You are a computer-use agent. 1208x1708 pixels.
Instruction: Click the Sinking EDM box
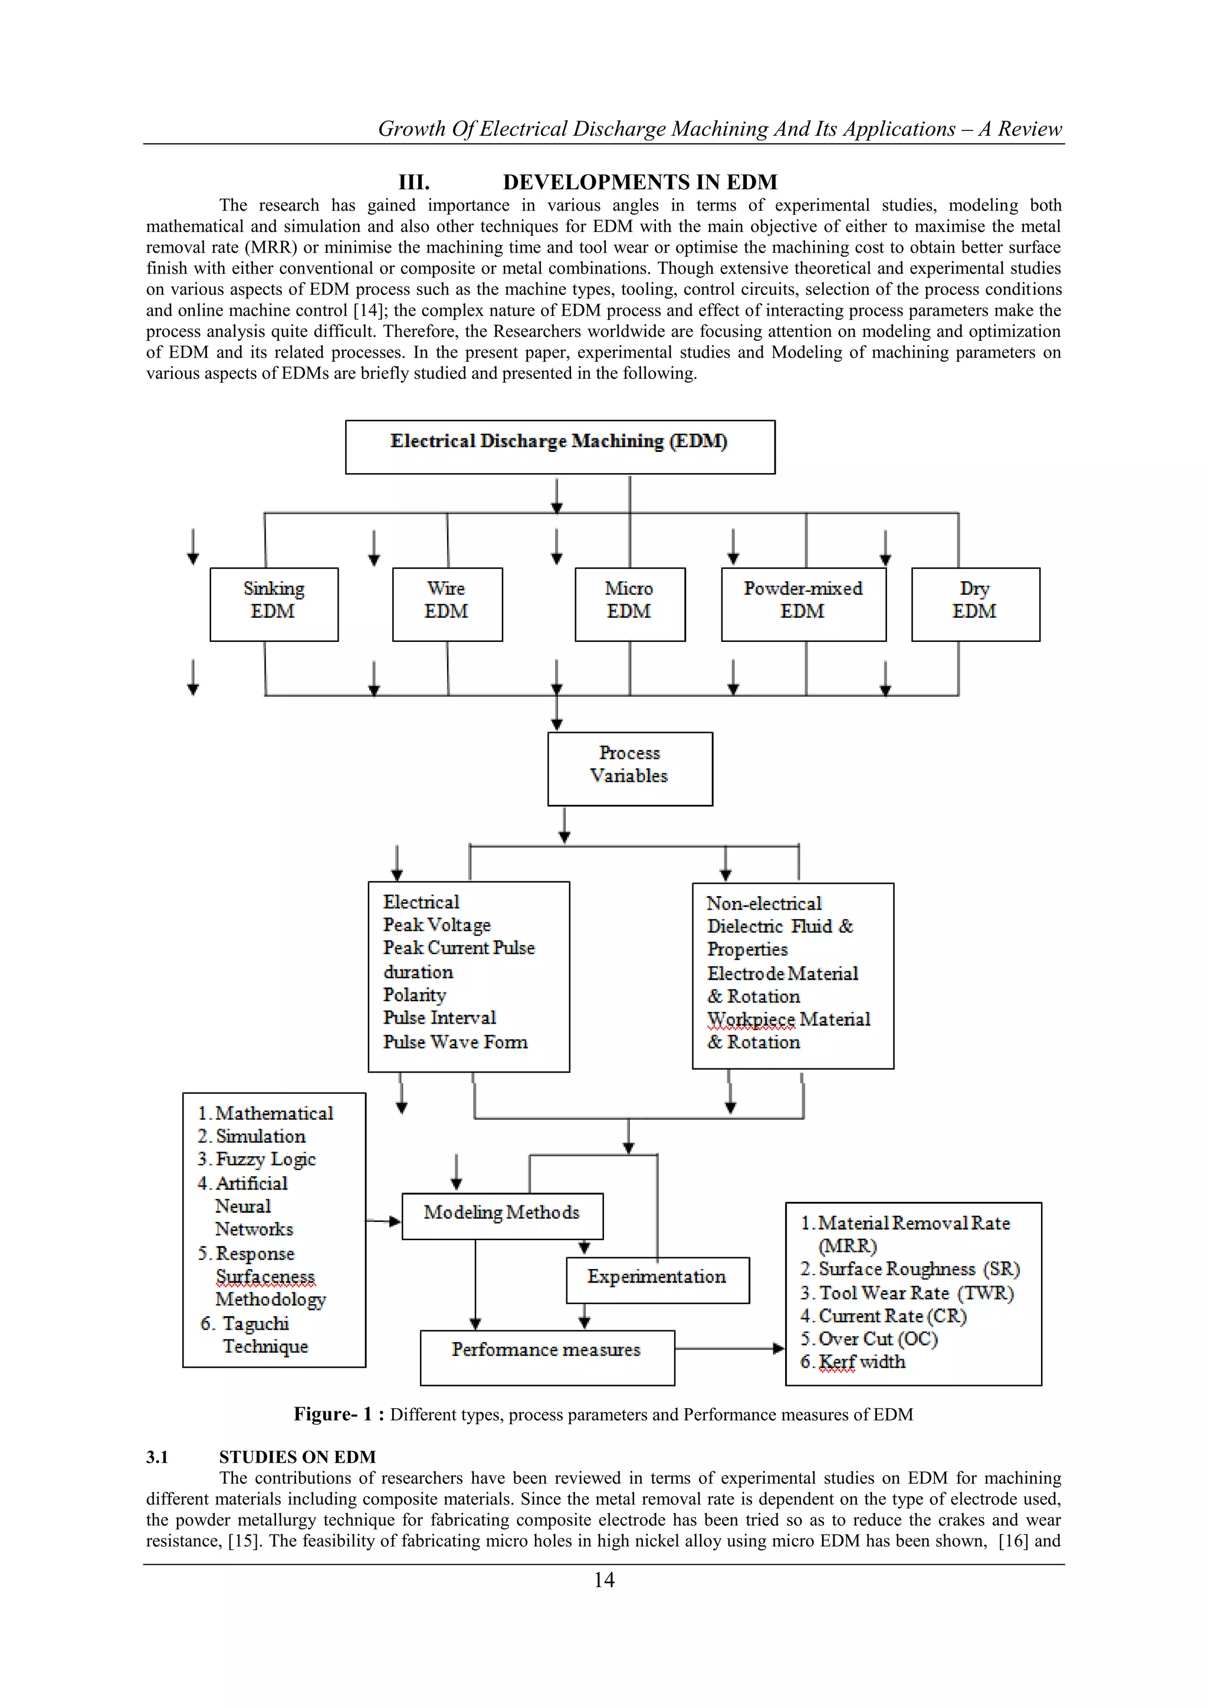274,604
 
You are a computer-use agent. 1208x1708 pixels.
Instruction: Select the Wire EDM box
447,604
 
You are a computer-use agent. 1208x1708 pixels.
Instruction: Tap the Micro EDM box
629,604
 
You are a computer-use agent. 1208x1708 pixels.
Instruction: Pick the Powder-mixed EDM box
803,604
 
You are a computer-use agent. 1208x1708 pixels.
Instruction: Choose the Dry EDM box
975,604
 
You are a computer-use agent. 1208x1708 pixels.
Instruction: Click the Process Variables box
629,768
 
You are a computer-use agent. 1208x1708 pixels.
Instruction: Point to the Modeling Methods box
502,1215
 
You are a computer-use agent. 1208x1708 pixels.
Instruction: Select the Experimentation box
657,1280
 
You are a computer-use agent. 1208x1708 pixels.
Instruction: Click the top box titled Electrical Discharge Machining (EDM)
559,447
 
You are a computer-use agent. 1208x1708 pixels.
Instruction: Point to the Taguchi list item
255,1323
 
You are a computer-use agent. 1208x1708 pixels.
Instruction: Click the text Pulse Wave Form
455,1042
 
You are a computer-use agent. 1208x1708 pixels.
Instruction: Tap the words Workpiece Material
789,1019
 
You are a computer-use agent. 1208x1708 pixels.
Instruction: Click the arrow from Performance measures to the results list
729,1348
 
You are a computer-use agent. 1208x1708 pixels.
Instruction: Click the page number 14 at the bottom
604,1579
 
